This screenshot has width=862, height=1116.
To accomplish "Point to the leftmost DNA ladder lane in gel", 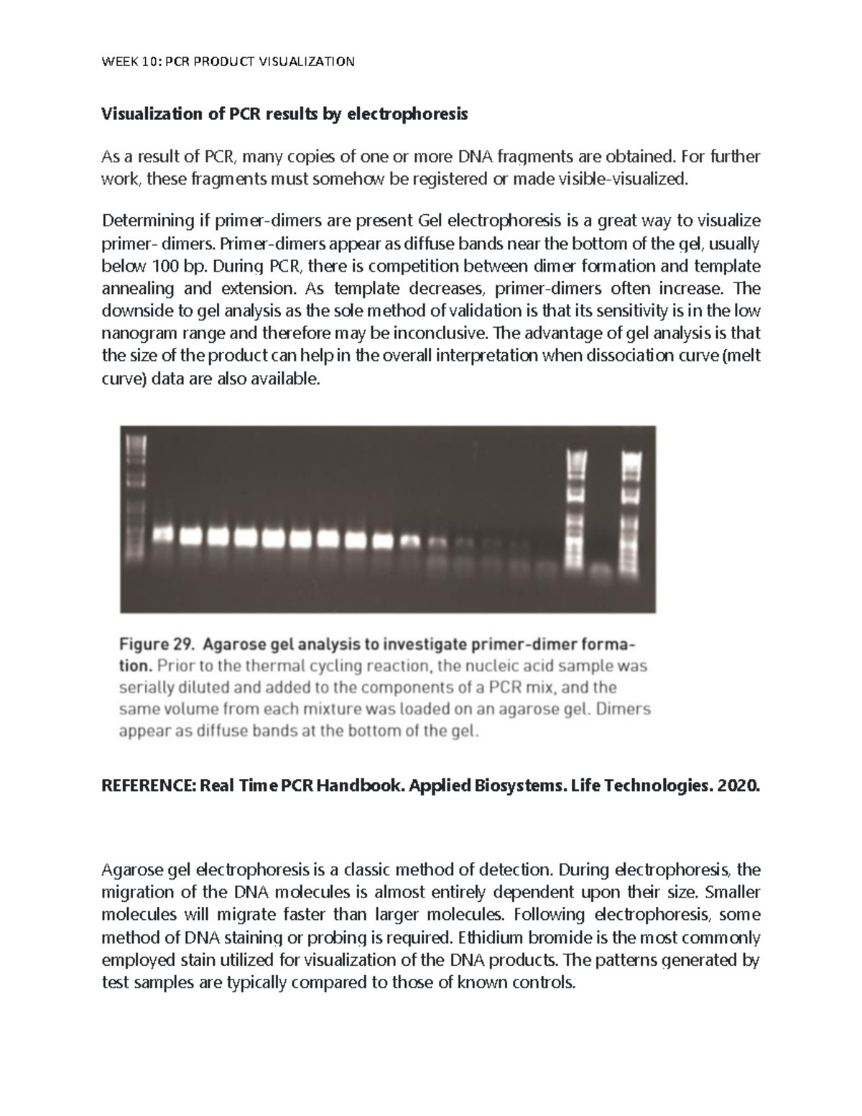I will (x=134, y=496).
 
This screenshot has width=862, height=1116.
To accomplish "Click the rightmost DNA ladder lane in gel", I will (x=630, y=503).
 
